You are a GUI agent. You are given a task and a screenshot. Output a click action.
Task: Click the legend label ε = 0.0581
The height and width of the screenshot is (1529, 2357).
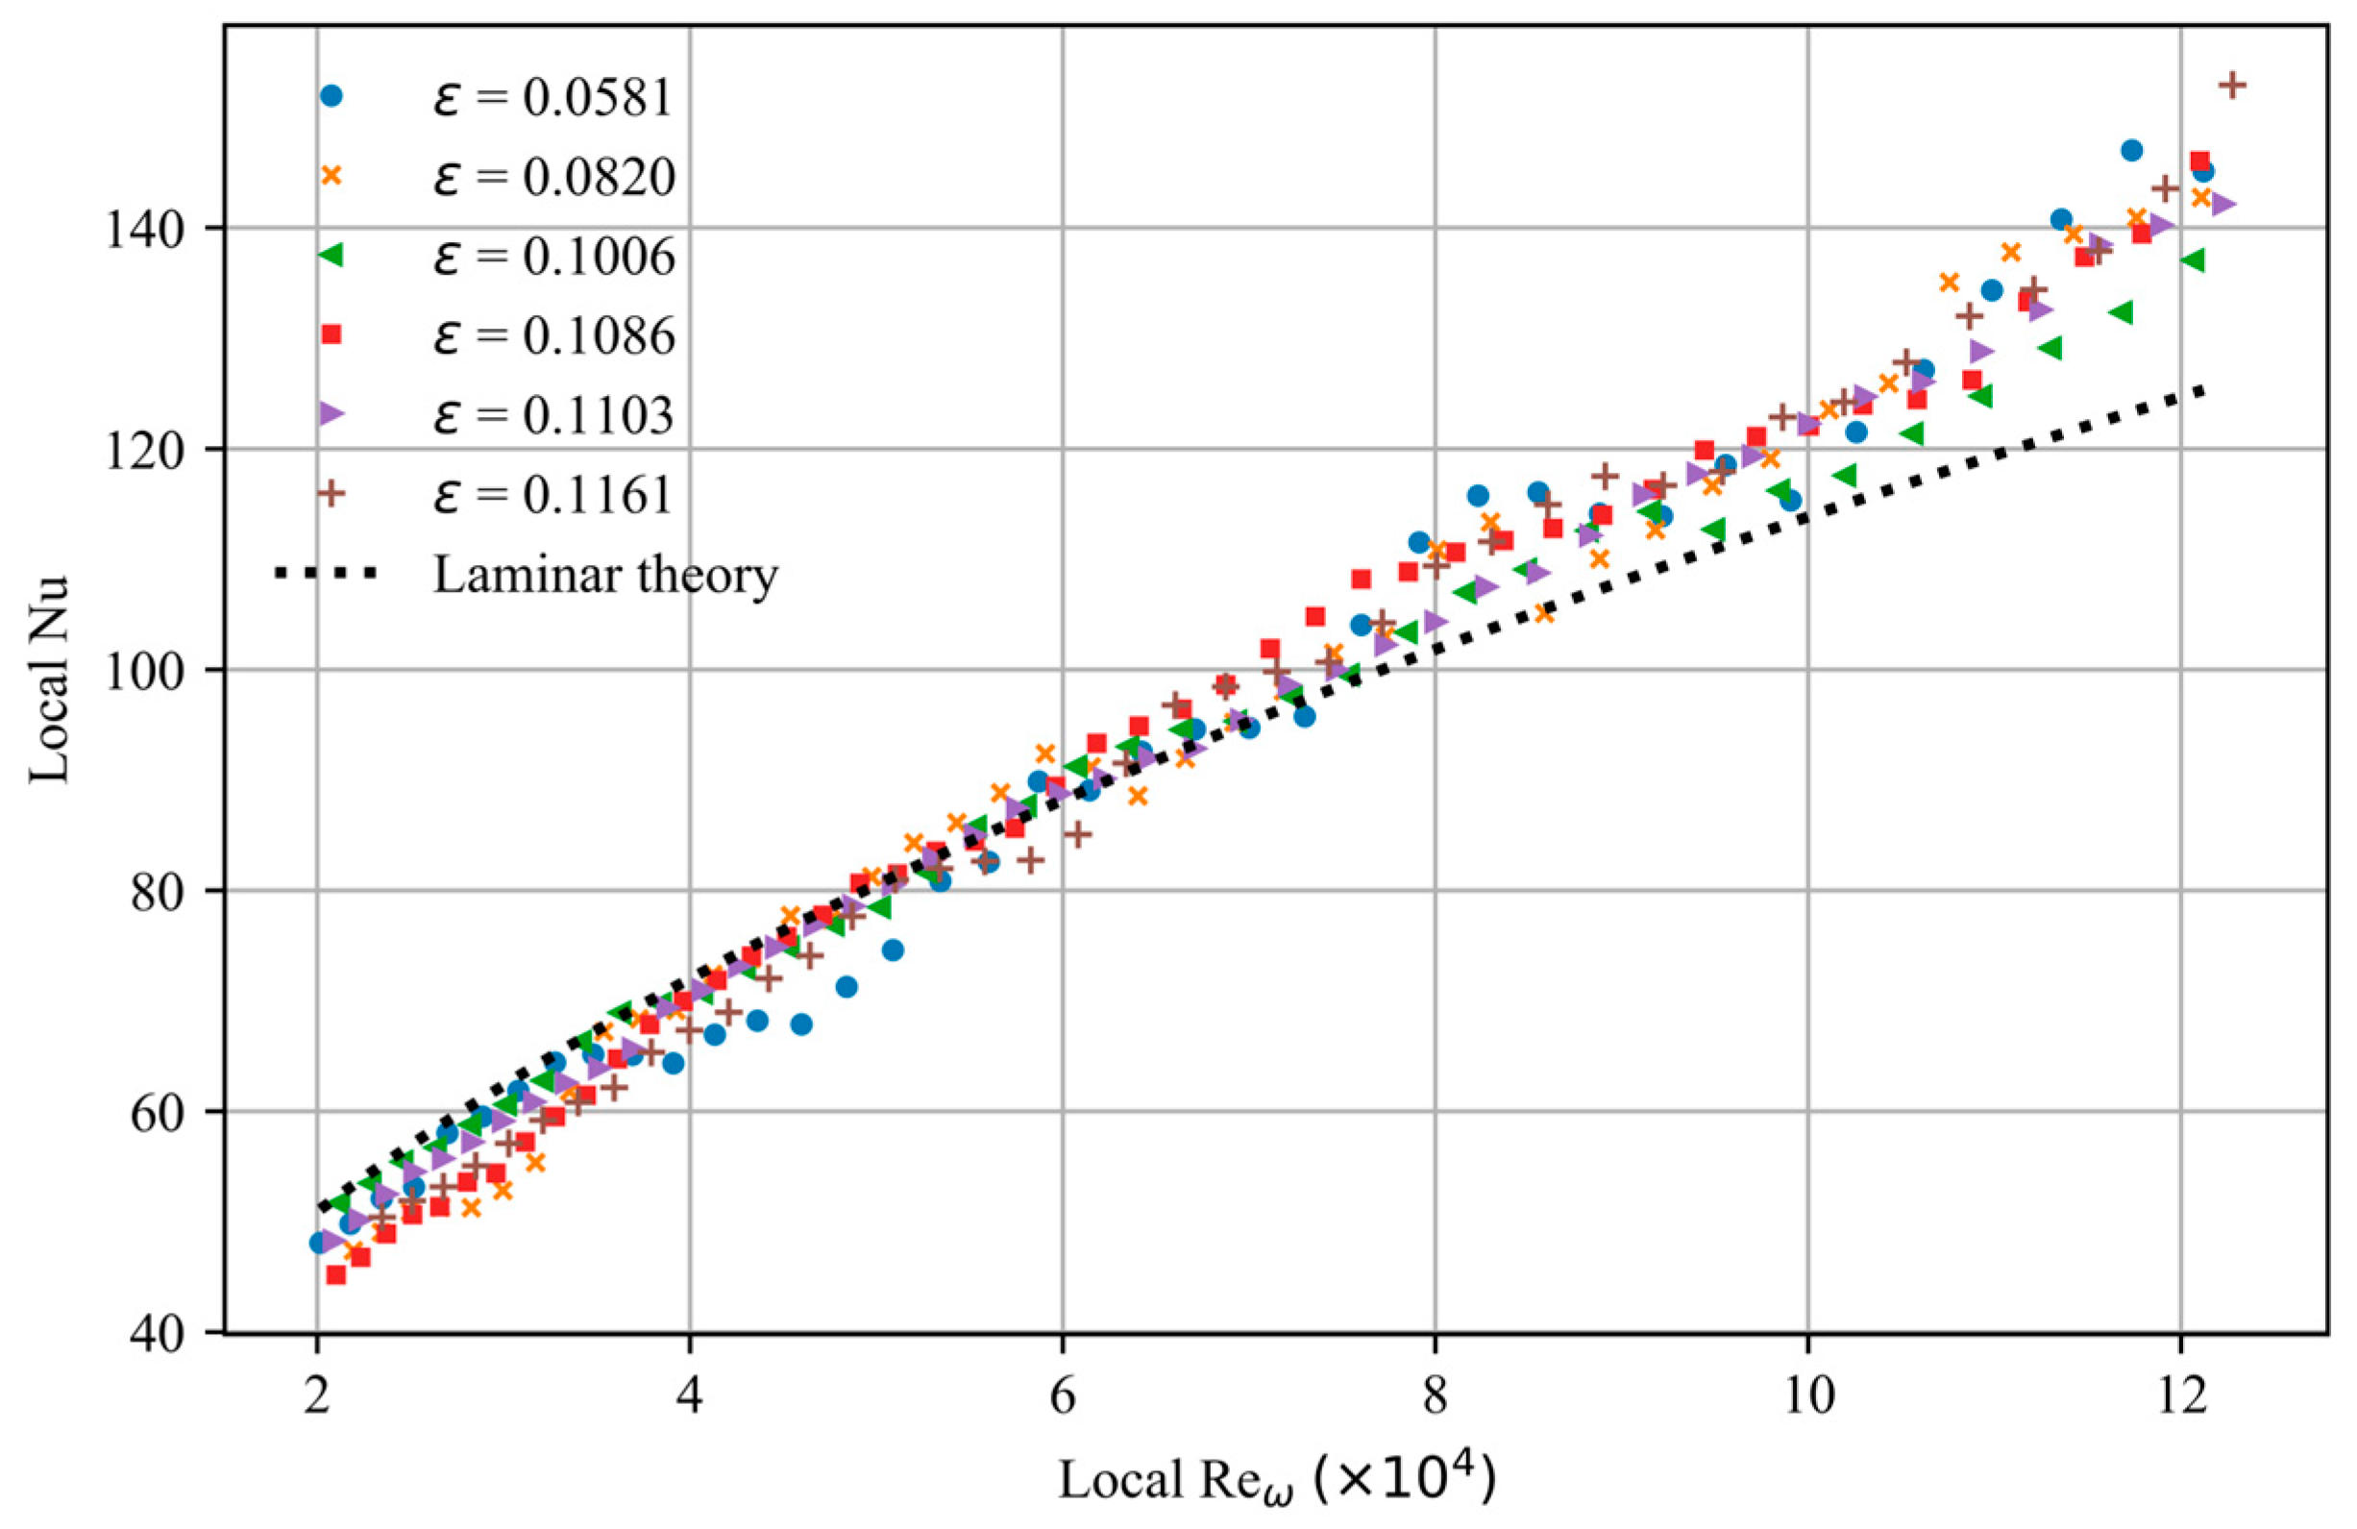(x=552, y=98)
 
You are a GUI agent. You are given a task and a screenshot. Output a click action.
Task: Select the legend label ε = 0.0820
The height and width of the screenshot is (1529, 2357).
(x=552, y=177)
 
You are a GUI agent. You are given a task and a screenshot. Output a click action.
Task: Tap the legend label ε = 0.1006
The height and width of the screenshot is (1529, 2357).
(x=552, y=257)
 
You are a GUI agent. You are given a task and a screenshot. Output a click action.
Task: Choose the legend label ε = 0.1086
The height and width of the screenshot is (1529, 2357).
(x=552, y=335)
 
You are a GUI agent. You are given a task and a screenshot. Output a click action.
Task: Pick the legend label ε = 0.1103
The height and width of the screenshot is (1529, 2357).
(x=552, y=415)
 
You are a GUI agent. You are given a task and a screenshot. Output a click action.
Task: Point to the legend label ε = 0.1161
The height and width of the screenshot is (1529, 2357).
(x=552, y=494)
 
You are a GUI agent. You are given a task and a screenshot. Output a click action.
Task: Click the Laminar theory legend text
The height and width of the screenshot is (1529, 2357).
(x=605, y=575)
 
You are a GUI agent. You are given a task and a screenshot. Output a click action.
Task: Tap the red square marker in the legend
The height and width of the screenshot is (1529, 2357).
(x=331, y=334)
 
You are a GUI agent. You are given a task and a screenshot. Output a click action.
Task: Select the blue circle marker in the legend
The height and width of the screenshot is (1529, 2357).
(x=331, y=96)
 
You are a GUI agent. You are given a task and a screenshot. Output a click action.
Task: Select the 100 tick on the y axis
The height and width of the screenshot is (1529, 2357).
(x=149, y=671)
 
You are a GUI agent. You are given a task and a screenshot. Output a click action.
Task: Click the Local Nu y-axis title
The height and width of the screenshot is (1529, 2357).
(x=47, y=678)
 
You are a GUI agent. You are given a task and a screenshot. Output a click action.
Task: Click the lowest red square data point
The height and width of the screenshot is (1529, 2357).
(x=335, y=1274)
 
